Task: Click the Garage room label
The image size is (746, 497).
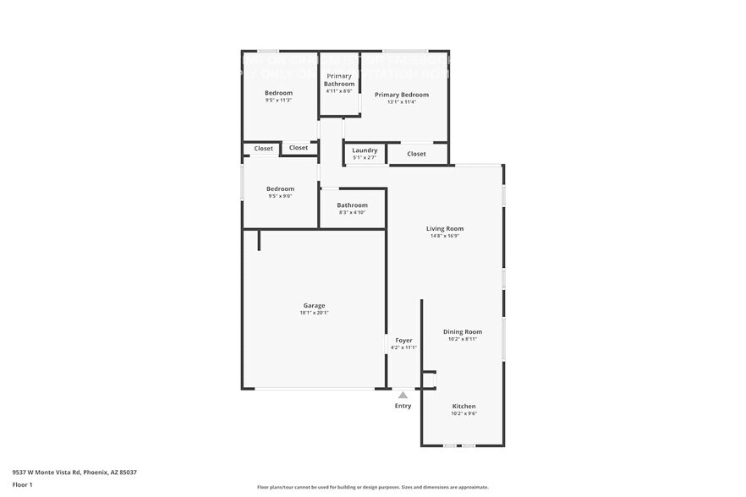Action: click(x=314, y=305)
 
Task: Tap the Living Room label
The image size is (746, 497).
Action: click(x=444, y=228)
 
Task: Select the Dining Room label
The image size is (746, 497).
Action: click(x=463, y=332)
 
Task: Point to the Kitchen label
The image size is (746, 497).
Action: click(x=463, y=407)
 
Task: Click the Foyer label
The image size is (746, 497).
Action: click(x=403, y=341)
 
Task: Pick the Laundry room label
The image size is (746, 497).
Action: click(x=365, y=150)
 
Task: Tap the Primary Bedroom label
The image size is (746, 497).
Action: click(x=402, y=95)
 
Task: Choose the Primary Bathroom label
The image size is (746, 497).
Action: click(x=338, y=79)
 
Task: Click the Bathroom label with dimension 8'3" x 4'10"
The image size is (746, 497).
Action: click(x=352, y=205)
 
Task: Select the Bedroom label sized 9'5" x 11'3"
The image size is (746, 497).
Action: click(x=278, y=93)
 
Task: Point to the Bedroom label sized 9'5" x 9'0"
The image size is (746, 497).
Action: click(x=280, y=188)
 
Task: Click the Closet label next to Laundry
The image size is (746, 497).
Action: click(x=416, y=154)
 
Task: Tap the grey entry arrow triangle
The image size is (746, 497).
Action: click(x=403, y=395)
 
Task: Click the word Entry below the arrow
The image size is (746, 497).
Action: click(x=403, y=407)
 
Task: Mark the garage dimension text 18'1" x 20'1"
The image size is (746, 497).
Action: click(x=314, y=313)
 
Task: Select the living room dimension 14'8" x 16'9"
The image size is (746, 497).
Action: click(x=444, y=236)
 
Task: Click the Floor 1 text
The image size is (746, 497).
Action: click(x=23, y=484)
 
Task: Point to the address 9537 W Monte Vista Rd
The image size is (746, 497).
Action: click(x=74, y=472)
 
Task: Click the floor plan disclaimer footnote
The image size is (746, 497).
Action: click(x=372, y=487)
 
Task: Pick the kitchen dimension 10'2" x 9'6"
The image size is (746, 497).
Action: click(x=463, y=414)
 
